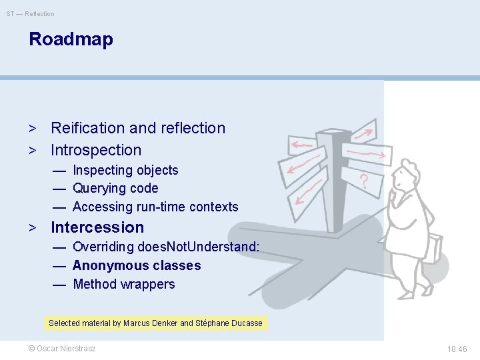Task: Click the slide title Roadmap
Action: click(71, 39)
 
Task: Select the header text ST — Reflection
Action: click(31, 13)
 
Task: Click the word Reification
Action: click(88, 128)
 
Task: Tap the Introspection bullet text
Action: click(96, 150)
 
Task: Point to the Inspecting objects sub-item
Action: click(125, 170)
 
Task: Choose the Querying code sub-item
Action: click(115, 188)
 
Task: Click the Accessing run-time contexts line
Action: click(155, 207)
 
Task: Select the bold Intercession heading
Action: click(97, 227)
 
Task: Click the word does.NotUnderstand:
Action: click(198, 247)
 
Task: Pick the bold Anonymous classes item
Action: click(137, 265)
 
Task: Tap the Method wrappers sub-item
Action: click(123, 284)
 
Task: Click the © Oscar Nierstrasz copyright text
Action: click(61, 349)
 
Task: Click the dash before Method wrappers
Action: click(59, 284)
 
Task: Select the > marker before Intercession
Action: click(32, 227)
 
